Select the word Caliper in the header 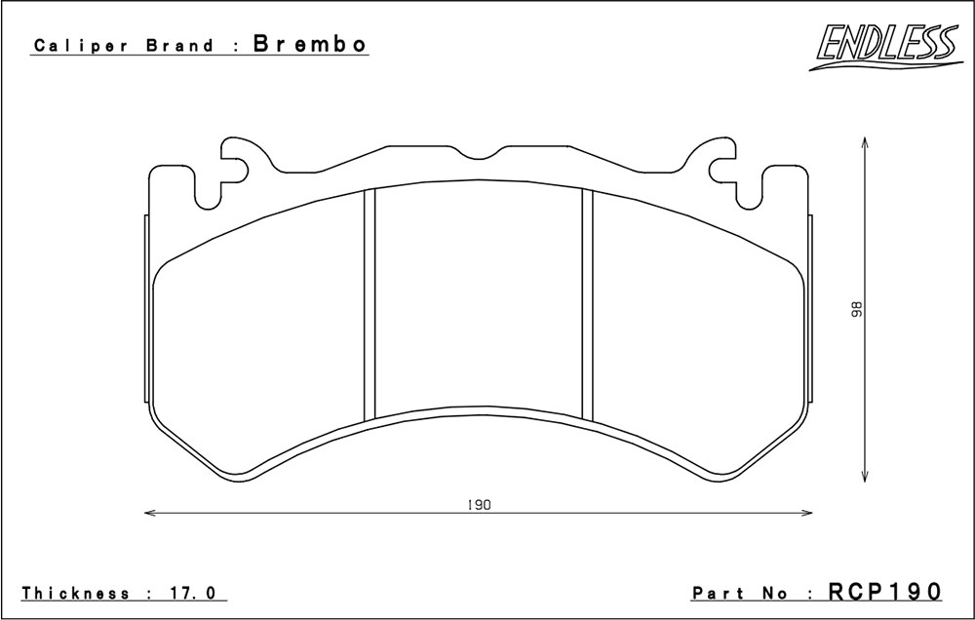pyautogui.click(x=81, y=46)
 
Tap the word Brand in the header pyautogui.click(x=178, y=46)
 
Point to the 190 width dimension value pyautogui.click(x=479, y=505)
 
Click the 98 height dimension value pyautogui.click(x=857, y=308)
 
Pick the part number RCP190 pyautogui.click(x=885, y=591)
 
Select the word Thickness pyautogui.click(x=76, y=593)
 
